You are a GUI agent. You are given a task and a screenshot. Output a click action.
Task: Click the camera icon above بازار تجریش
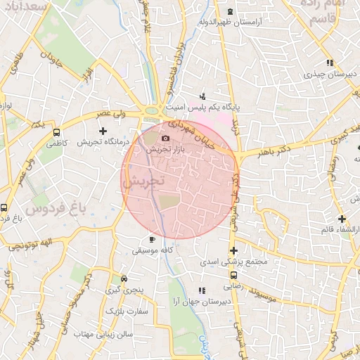coord(166,138)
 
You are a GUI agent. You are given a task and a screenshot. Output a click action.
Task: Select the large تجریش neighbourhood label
coord(143,181)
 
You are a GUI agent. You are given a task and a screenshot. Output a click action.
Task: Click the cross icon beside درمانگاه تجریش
coord(103,131)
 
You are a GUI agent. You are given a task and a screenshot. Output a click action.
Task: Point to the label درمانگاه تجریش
coord(104,141)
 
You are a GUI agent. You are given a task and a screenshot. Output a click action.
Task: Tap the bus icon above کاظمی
coord(56,131)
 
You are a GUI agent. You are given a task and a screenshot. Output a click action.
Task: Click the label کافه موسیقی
coord(154,250)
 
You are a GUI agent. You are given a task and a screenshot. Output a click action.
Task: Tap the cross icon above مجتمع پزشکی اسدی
coord(233,250)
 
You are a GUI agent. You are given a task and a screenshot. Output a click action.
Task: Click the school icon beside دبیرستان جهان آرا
coord(202,290)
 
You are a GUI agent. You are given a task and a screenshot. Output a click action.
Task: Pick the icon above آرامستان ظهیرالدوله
coord(231,11)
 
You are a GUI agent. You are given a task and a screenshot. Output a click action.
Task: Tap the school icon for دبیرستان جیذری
coord(330,63)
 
